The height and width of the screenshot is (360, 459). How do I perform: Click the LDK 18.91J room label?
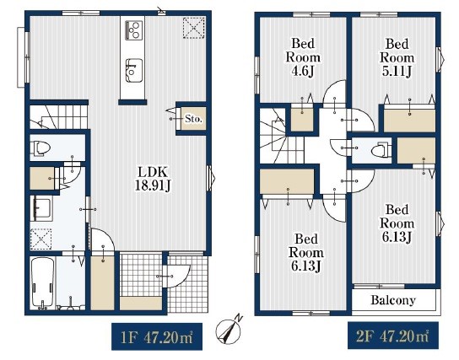[153, 179]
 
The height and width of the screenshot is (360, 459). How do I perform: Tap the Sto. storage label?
[193, 119]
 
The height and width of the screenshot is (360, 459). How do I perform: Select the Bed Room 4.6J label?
[303, 57]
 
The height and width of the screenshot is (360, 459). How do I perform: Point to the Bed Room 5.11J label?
[397, 57]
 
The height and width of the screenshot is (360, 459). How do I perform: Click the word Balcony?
[393, 300]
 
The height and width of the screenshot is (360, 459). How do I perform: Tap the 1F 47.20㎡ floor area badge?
[157, 337]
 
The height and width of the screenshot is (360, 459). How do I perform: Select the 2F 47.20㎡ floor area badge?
[393, 336]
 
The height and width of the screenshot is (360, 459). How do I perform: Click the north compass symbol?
[229, 330]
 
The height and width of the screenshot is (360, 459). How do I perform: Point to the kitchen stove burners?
[134, 30]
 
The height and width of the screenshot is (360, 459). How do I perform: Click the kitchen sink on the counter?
[134, 71]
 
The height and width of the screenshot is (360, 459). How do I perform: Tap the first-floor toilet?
[41, 148]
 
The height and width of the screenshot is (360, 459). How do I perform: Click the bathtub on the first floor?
[43, 282]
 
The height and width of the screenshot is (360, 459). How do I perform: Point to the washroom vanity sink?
[41, 208]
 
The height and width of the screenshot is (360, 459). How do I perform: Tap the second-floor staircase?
[281, 136]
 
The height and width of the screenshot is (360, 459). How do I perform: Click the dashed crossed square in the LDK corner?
[194, 28]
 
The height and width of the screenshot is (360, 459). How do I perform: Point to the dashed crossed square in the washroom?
[41, 239]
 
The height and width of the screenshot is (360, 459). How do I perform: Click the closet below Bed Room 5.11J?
[409, 121]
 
